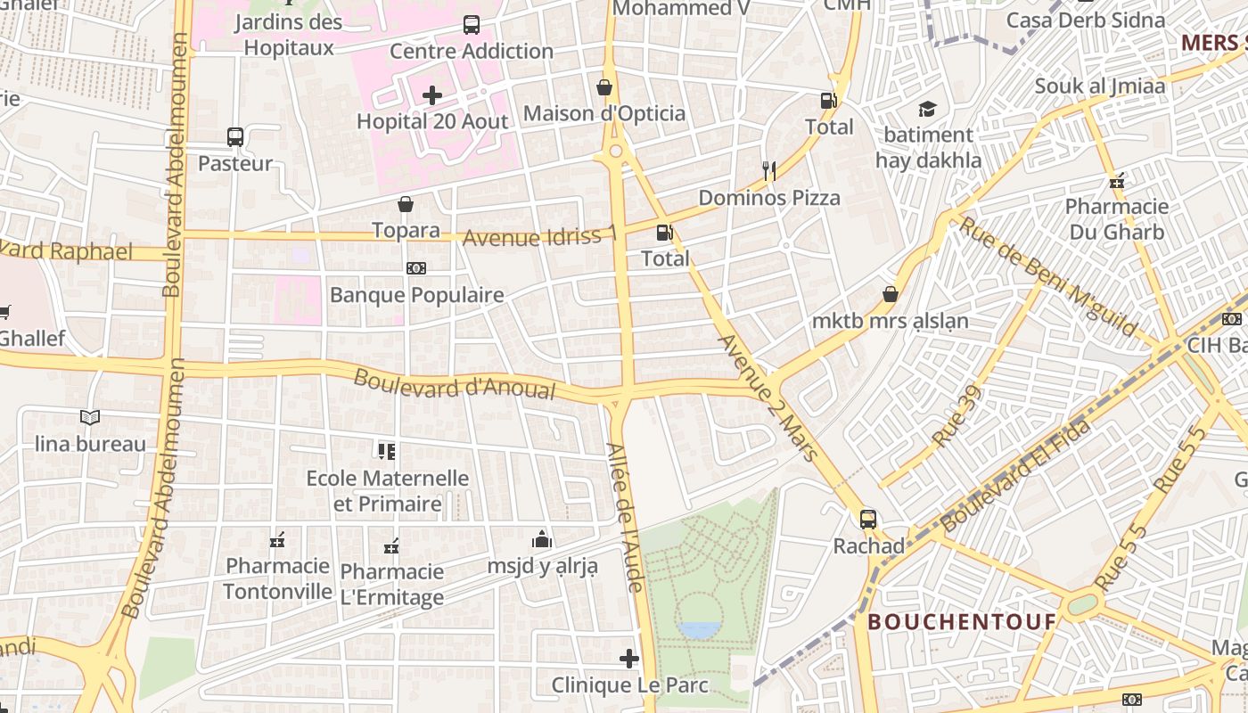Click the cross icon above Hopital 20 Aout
432,95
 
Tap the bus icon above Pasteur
235,137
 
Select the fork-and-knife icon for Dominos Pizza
769,170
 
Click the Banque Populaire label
416,295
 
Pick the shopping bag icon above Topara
406,204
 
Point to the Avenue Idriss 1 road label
539,237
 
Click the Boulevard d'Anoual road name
455,384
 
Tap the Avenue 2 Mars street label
768,397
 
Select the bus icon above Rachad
868,519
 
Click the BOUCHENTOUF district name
962,621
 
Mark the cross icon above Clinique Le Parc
629,659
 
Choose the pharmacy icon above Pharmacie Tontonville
277,540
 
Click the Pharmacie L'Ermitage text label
392,585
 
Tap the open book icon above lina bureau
90,417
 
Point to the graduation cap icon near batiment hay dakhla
928,110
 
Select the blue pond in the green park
699,630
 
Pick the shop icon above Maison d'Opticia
604,87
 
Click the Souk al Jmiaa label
1099,86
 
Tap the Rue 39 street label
957,416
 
